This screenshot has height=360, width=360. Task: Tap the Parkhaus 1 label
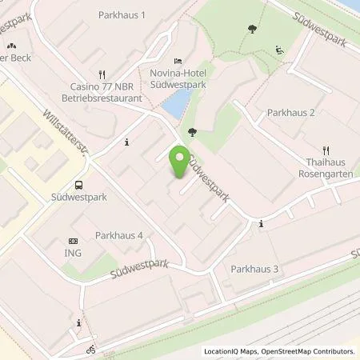coord(122,15)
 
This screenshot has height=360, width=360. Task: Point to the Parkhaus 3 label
coord(254,269)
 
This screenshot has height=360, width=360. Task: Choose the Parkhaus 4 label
coord(119,235)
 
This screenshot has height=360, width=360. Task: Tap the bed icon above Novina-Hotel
coord(177,61)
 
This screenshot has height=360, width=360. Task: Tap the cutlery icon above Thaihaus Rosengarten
coord(326,150)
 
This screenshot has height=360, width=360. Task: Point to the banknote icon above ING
coord(74,241)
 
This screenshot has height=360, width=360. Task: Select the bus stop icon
coord(78,182)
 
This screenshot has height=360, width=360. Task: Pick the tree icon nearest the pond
coord(191,132)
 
